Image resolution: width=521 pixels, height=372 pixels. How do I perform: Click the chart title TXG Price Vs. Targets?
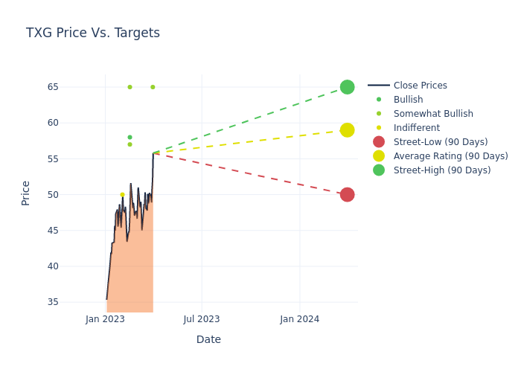[93, 33]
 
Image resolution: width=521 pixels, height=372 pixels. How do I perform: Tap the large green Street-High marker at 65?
[347, 87]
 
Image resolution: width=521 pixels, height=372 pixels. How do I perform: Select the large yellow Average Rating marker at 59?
[347, 130]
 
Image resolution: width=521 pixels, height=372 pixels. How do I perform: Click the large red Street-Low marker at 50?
[347, 195]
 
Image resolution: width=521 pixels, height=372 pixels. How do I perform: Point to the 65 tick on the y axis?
[73, 87]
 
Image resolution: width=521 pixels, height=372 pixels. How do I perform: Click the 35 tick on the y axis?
[73, 302]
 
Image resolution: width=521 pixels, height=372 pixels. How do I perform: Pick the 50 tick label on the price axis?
[73, 195]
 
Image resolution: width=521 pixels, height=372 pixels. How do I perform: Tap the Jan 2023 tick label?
[105, 319]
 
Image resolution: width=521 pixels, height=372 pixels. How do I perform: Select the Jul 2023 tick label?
[202, 319]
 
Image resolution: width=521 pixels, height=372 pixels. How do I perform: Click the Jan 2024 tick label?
[300, 319]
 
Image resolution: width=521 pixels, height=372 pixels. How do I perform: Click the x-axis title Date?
[208, 339]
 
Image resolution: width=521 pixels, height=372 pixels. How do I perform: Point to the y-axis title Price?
[26, 193]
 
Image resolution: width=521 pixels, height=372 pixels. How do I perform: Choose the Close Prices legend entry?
[420, 86]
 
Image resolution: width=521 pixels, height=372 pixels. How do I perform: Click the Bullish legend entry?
[408, 100]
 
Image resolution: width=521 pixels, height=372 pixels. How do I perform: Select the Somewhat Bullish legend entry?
[433, 114]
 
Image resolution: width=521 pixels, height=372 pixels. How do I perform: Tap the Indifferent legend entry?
[416, 128]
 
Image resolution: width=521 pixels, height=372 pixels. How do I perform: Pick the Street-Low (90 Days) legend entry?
[440, 142]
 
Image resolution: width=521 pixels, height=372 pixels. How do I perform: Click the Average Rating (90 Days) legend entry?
[450, 156]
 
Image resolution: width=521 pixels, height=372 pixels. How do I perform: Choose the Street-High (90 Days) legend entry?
[441, 170]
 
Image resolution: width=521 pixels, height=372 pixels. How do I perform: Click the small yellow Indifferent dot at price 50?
[123, 195]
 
